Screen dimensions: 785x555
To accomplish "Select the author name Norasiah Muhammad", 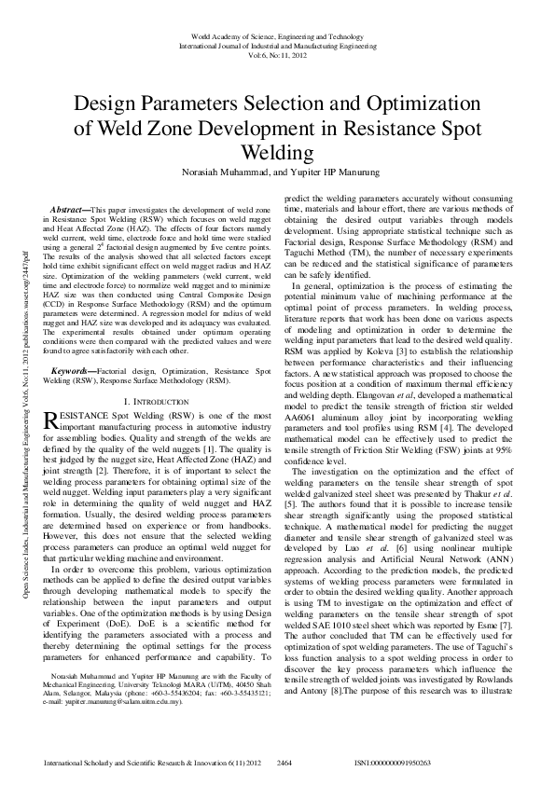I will (x=223, y=172).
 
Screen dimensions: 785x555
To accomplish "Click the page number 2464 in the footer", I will (x=285, y=763).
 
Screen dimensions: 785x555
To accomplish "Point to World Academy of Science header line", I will (x=276, y=34).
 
